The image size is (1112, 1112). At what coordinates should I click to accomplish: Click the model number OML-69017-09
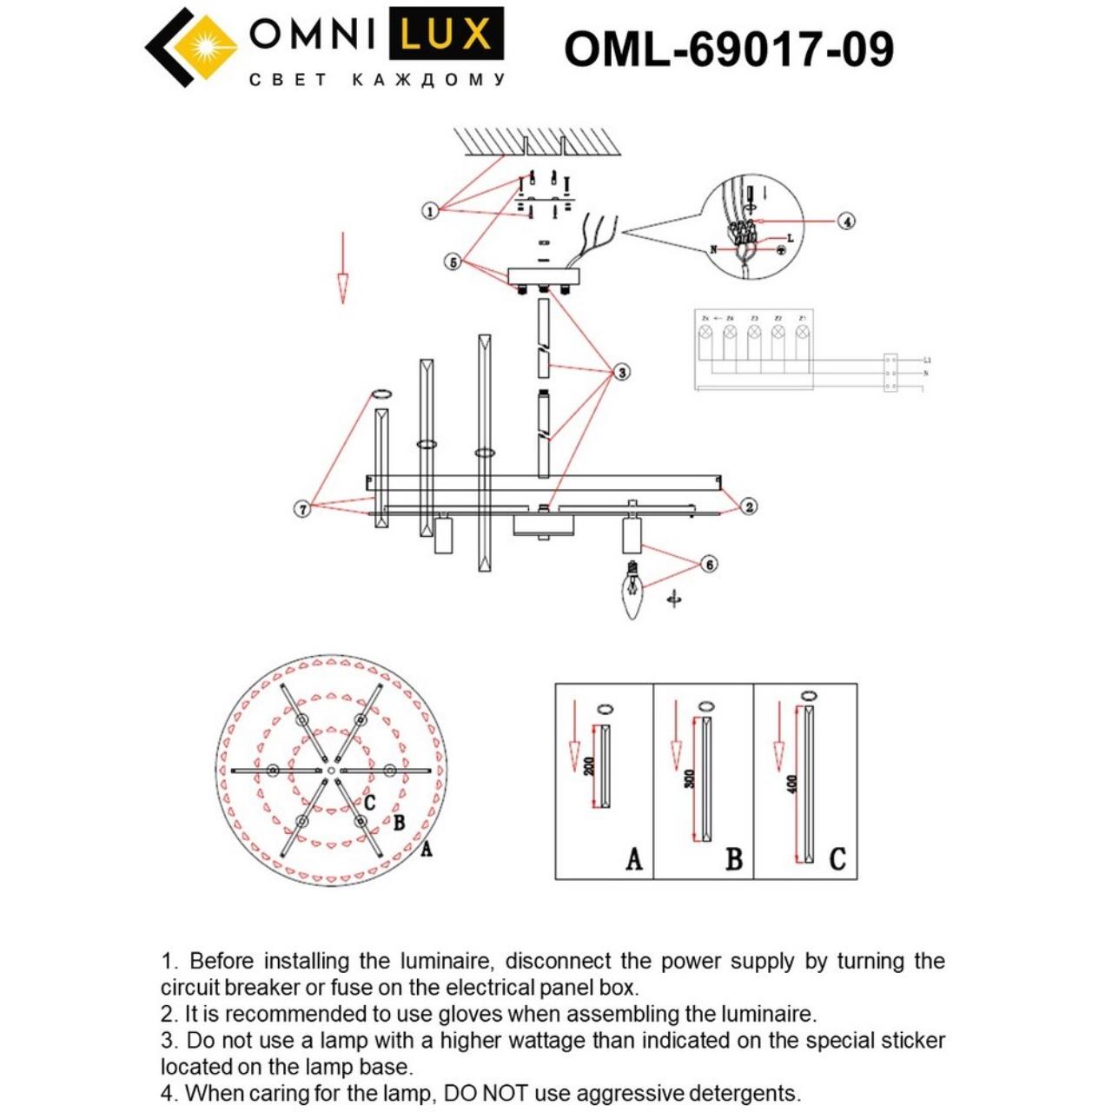728,49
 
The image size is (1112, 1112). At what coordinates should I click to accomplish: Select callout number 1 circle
430,211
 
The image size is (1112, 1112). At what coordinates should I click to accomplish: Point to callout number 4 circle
846,221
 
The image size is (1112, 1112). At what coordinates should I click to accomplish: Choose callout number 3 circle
621,372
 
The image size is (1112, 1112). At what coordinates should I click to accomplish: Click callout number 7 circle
302,509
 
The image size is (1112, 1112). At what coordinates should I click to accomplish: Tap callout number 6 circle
709,565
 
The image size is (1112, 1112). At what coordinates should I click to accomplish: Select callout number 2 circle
749,506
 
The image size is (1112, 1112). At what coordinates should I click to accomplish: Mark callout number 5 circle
453,261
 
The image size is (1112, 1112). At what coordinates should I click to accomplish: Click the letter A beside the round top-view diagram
426,849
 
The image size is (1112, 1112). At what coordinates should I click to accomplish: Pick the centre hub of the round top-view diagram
331,771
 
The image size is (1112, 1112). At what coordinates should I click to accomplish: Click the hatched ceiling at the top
539,142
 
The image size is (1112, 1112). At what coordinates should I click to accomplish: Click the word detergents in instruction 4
742,1093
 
